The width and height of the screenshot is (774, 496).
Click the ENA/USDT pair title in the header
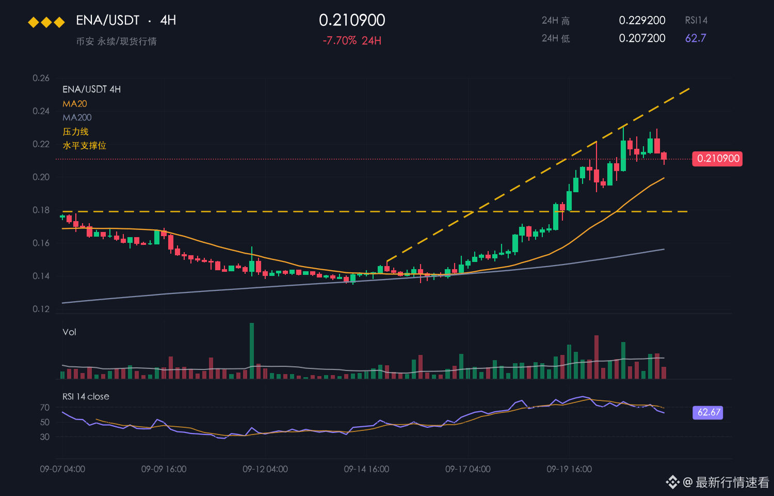[x=108, y=20]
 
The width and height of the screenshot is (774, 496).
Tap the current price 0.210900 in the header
[x=352, y=20]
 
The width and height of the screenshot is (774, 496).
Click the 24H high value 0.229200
[x=642, y=20]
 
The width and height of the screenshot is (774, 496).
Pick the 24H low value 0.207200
[x=642, y=38]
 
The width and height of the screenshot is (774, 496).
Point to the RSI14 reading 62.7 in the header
[x=696, y=38]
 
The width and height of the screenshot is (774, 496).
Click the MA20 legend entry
[x=75, y=104]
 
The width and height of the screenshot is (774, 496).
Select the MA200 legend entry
[x=77, y=118]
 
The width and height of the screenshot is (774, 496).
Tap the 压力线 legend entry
[x=76, y=132]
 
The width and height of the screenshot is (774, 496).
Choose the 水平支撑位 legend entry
[x=84, y=146]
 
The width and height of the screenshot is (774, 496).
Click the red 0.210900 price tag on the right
[x=717, y=159]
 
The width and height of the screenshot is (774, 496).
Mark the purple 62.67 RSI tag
[x=707, y=412]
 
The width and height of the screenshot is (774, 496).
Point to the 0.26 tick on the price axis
[x=41, y=78]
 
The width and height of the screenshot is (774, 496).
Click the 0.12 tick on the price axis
[x=41, y=309]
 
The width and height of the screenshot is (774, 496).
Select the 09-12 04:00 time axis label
[x=265, y=469]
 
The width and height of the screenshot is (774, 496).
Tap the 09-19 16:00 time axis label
[x=569, y=469]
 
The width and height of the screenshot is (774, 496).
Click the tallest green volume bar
[x=252, y=351]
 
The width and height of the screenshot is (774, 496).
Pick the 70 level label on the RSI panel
[x=45, y=408]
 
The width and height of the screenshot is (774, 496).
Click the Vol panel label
[x=69, y=332]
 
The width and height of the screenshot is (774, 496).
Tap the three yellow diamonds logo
[x=46, y=23]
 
